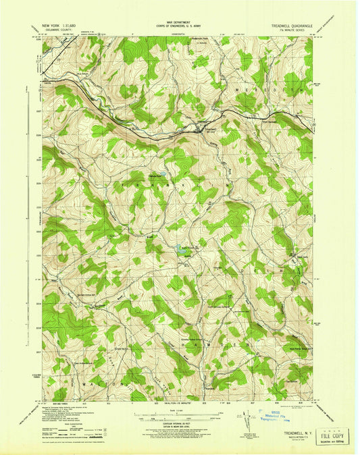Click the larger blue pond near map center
pyautogui.click(x=180, y=252)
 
